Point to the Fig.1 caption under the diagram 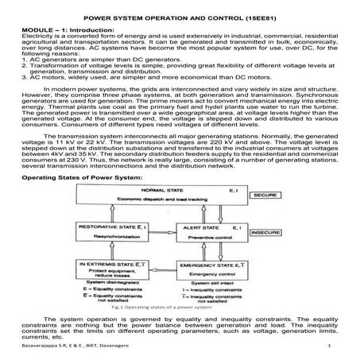coord(181,306)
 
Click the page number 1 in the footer coord(328,348)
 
